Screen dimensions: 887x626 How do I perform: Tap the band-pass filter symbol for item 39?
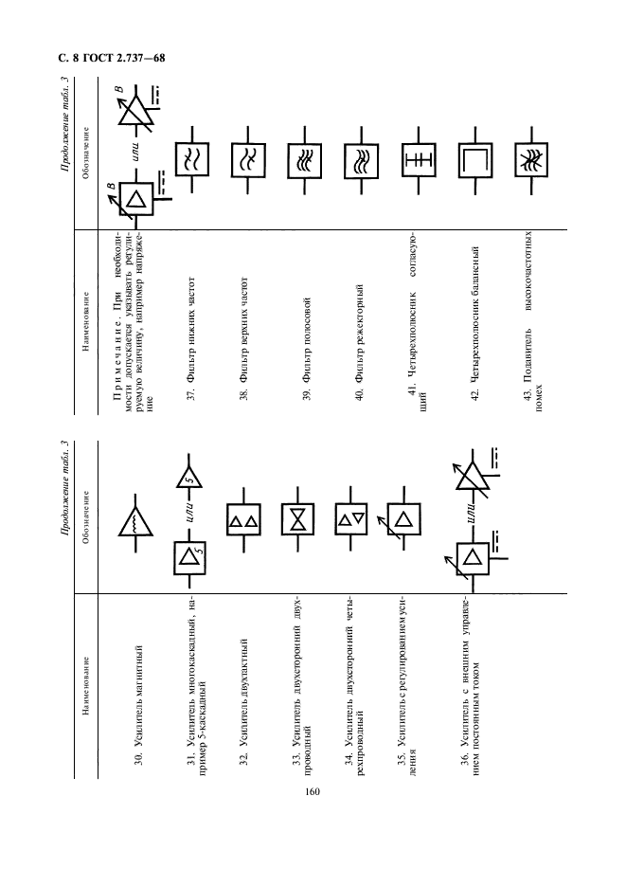305,156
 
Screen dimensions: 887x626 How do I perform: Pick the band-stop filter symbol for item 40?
361,156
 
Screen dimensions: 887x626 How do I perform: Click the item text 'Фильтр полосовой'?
305,351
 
